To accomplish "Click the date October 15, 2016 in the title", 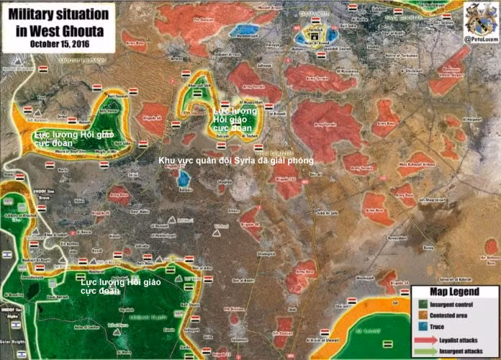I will click(56, 42).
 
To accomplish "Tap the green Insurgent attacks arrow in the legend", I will click(425, 351).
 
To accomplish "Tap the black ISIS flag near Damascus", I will click(315, 34).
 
